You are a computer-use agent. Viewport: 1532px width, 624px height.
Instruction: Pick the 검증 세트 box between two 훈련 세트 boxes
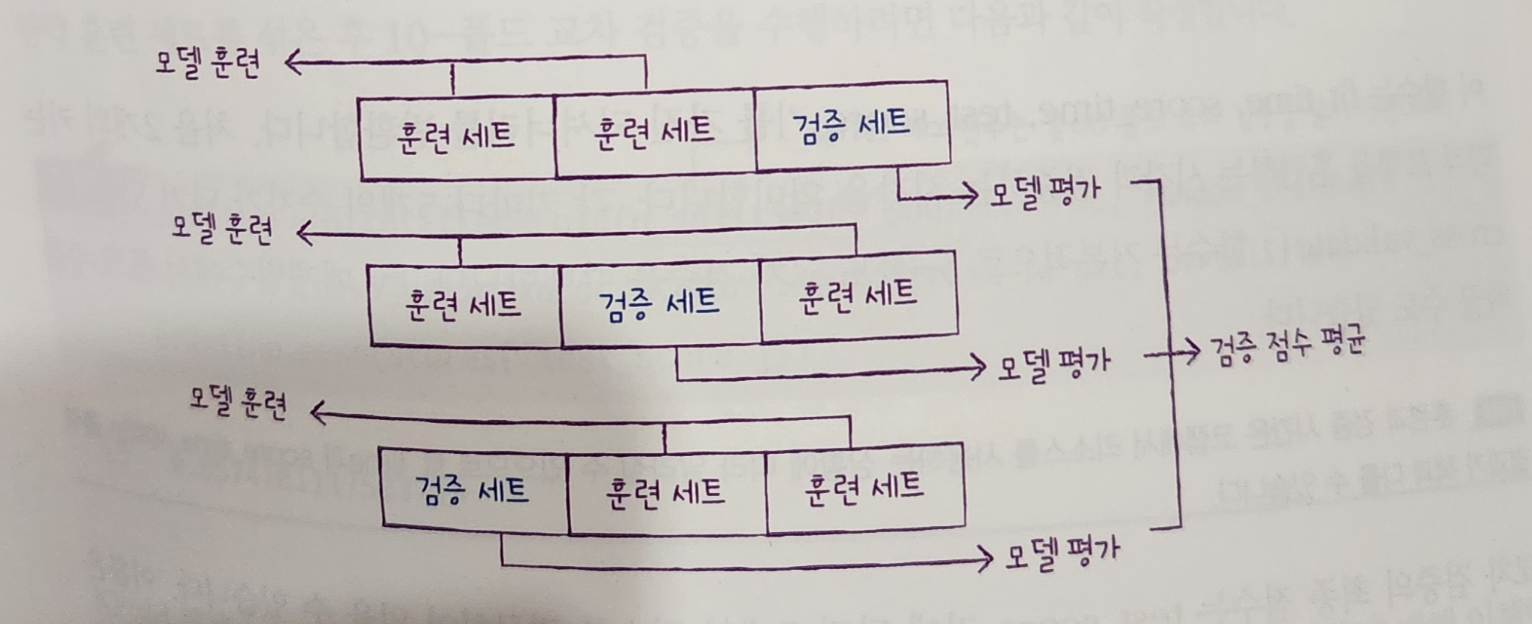coord(660,303)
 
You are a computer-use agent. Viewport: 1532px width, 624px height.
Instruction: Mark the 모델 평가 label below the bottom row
coord(1062,554)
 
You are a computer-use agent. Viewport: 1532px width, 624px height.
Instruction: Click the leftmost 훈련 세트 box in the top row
coord(457,137)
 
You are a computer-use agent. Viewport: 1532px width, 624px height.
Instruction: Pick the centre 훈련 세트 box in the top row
coord(654,132)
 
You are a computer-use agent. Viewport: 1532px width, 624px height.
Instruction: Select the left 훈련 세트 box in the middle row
coord(464,305)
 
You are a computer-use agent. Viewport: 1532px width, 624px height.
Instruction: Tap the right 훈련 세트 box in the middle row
coord(858,297)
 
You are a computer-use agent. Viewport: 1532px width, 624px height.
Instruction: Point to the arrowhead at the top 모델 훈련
coord(292,64)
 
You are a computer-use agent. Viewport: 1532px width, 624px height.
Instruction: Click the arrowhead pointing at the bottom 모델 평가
coord(987,559)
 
